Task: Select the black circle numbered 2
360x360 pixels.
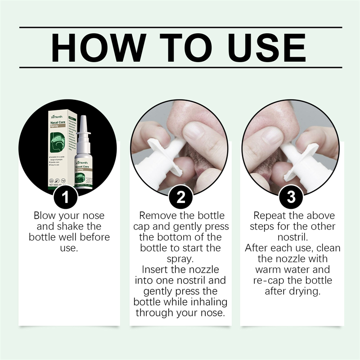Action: (180, 197)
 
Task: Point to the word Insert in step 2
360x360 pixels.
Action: (157, 270)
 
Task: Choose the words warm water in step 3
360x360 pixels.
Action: (292, 270)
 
